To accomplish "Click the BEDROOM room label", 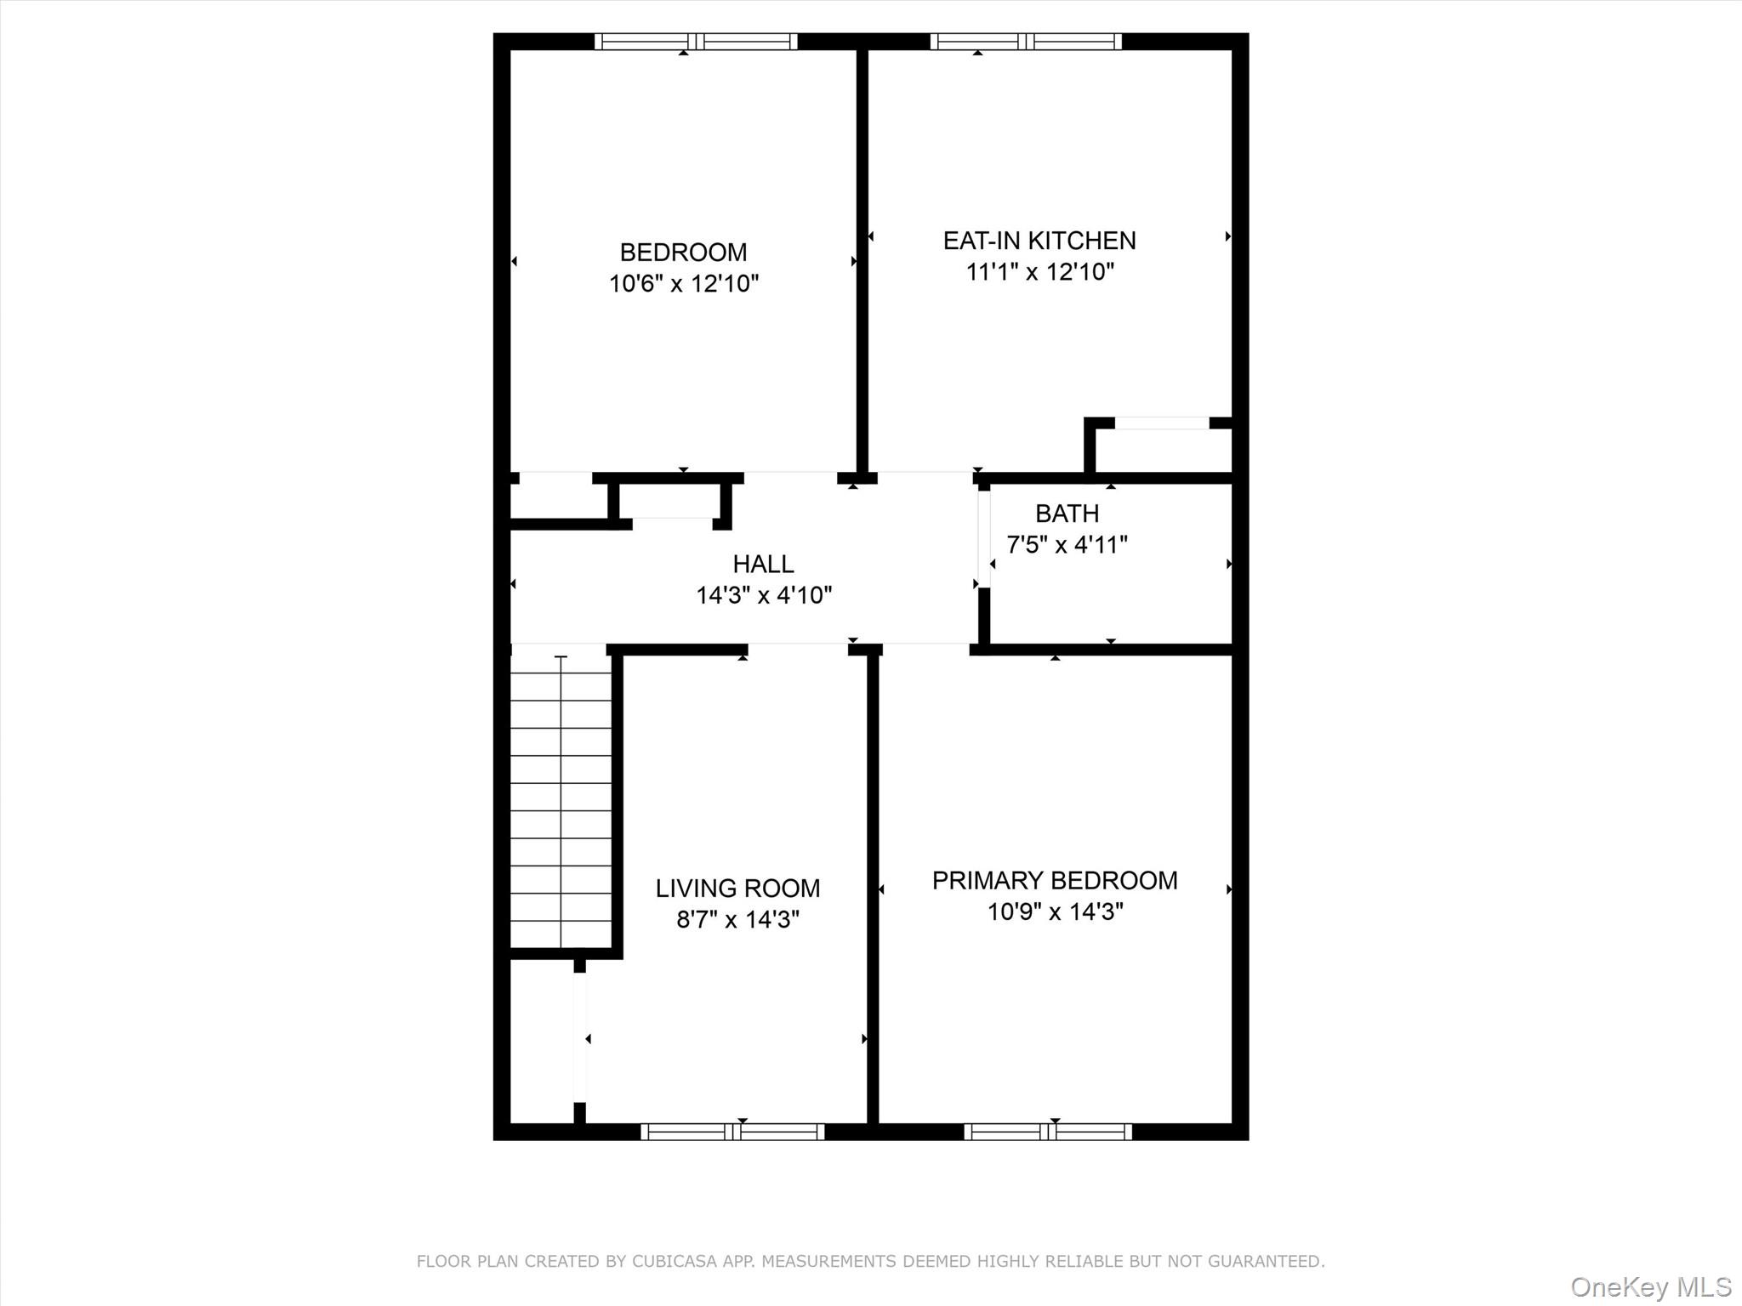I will click(683, 253).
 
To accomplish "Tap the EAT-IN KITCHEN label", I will click(1039, 241).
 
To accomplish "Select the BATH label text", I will click(1067, 514).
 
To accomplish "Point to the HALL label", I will click(763, 564).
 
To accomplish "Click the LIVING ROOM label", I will click(737, 889).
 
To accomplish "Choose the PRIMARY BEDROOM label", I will click(1055, 881).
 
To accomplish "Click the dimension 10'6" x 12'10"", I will click(683, 284).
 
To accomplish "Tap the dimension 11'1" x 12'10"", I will click(1039, 272).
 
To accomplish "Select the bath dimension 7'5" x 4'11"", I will click(1067, 545).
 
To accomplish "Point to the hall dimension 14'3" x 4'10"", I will click(763, 595).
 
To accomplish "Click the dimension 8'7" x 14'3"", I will click(737, 920).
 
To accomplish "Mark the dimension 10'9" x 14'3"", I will click(1055, 912).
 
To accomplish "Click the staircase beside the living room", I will click(561, 799).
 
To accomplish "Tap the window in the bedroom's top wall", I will click(696, 42).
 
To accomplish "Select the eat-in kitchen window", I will click(1026, 42).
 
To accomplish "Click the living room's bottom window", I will click(732, 1132).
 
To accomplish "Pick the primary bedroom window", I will click(1048, 1132).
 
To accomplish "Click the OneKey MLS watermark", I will click(1651, 1286).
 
